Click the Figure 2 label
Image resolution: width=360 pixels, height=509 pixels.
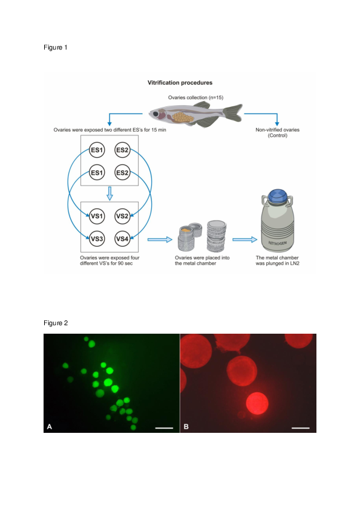55,323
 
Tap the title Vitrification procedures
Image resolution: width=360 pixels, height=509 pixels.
180,82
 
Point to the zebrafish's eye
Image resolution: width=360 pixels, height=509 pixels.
159,113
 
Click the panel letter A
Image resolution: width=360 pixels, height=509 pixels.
50,427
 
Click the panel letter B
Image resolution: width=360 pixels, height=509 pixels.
186,427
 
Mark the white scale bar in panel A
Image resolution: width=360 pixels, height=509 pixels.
164,427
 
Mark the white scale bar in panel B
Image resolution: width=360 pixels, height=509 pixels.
301,427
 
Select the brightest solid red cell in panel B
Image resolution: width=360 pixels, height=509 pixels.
258,403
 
